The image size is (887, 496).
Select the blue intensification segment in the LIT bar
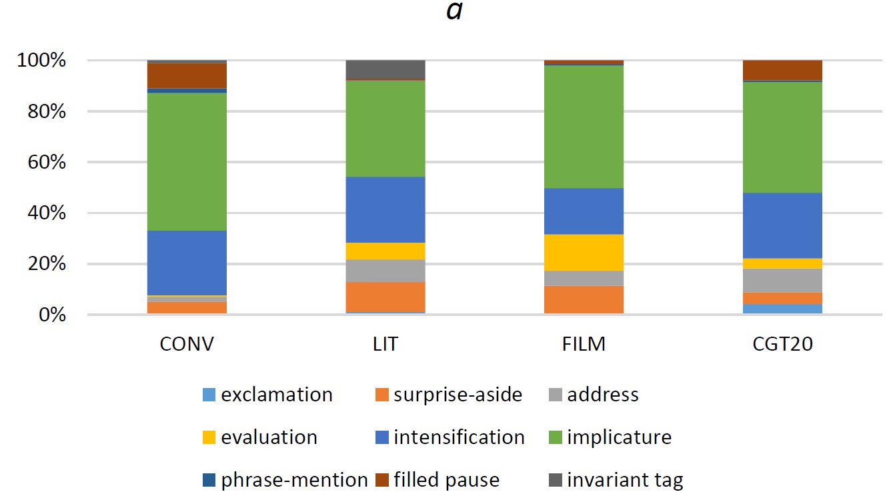point(385,209)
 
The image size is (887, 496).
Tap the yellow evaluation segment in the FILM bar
point(584,253)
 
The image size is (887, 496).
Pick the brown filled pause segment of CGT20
point(782,70)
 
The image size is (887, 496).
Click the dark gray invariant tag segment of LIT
point(385,69)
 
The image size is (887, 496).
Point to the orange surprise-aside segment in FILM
point(584,299)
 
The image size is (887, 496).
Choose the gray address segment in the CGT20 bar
point(782,280)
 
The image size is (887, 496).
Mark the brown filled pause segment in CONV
point(187,75)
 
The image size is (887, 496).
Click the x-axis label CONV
point(187,345)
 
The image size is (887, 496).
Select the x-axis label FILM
point(584,345)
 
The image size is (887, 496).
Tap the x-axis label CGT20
point(782,345)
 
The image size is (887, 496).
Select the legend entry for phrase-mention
point(294,480)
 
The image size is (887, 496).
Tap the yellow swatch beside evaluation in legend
point(209,438)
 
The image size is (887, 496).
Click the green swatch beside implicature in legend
point(554,438)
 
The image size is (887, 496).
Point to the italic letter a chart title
point(454,11)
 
